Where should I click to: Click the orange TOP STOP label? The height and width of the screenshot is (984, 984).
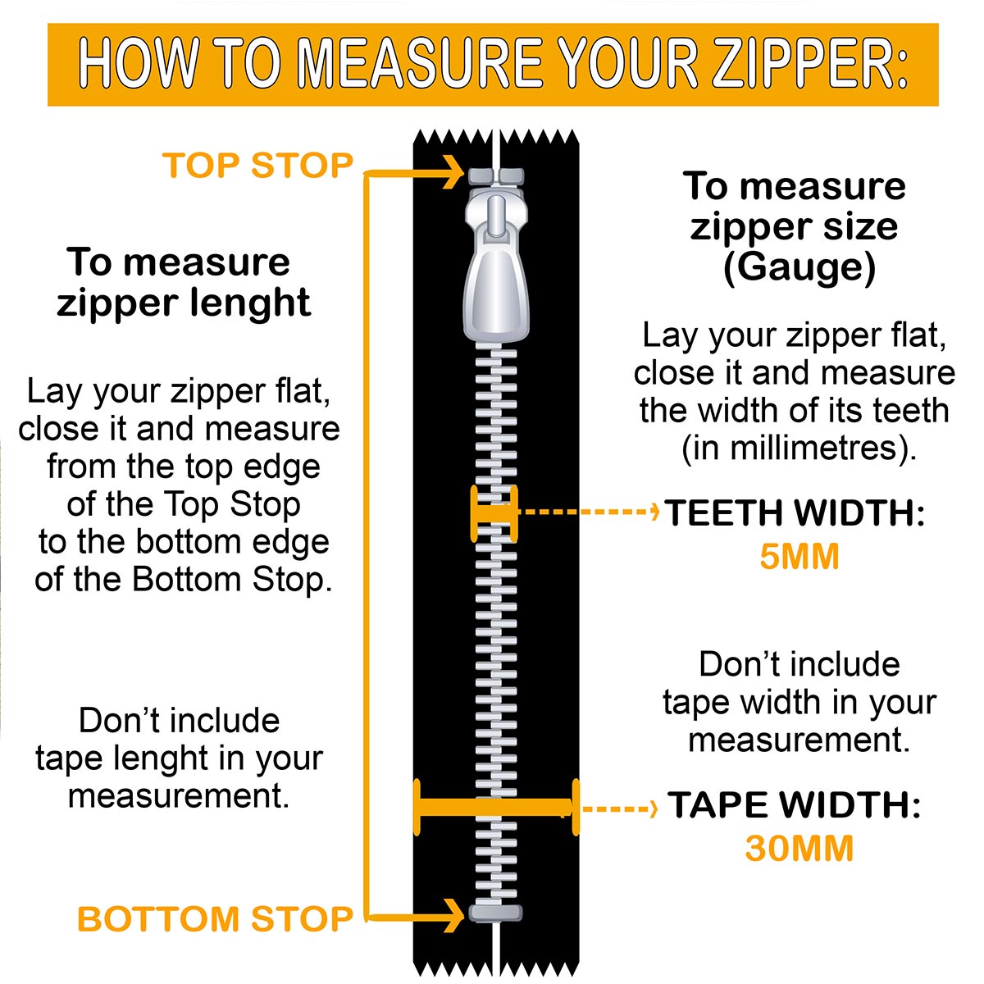click(x=257, y=166)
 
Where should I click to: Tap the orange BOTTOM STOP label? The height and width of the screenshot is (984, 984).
click(x=215, y=919)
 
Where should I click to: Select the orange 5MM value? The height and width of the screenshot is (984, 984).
click(x=799, y=556)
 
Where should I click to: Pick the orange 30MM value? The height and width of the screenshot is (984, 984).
click(x=799, y=849)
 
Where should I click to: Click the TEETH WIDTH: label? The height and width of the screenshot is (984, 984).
click(x=795, y=512)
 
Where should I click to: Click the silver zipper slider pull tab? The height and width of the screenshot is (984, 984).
click(x=496, y=266)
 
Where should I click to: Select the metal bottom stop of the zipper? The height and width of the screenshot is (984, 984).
click(x=495, y=913)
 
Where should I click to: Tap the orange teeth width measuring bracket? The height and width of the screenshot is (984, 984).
click(x=494, y=513)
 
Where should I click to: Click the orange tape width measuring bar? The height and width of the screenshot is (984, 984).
click(x=496, y=808)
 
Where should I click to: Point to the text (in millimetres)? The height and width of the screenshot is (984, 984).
click(x=799, y=449)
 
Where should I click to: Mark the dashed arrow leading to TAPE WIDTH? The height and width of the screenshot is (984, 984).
click(x=619, y=809)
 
